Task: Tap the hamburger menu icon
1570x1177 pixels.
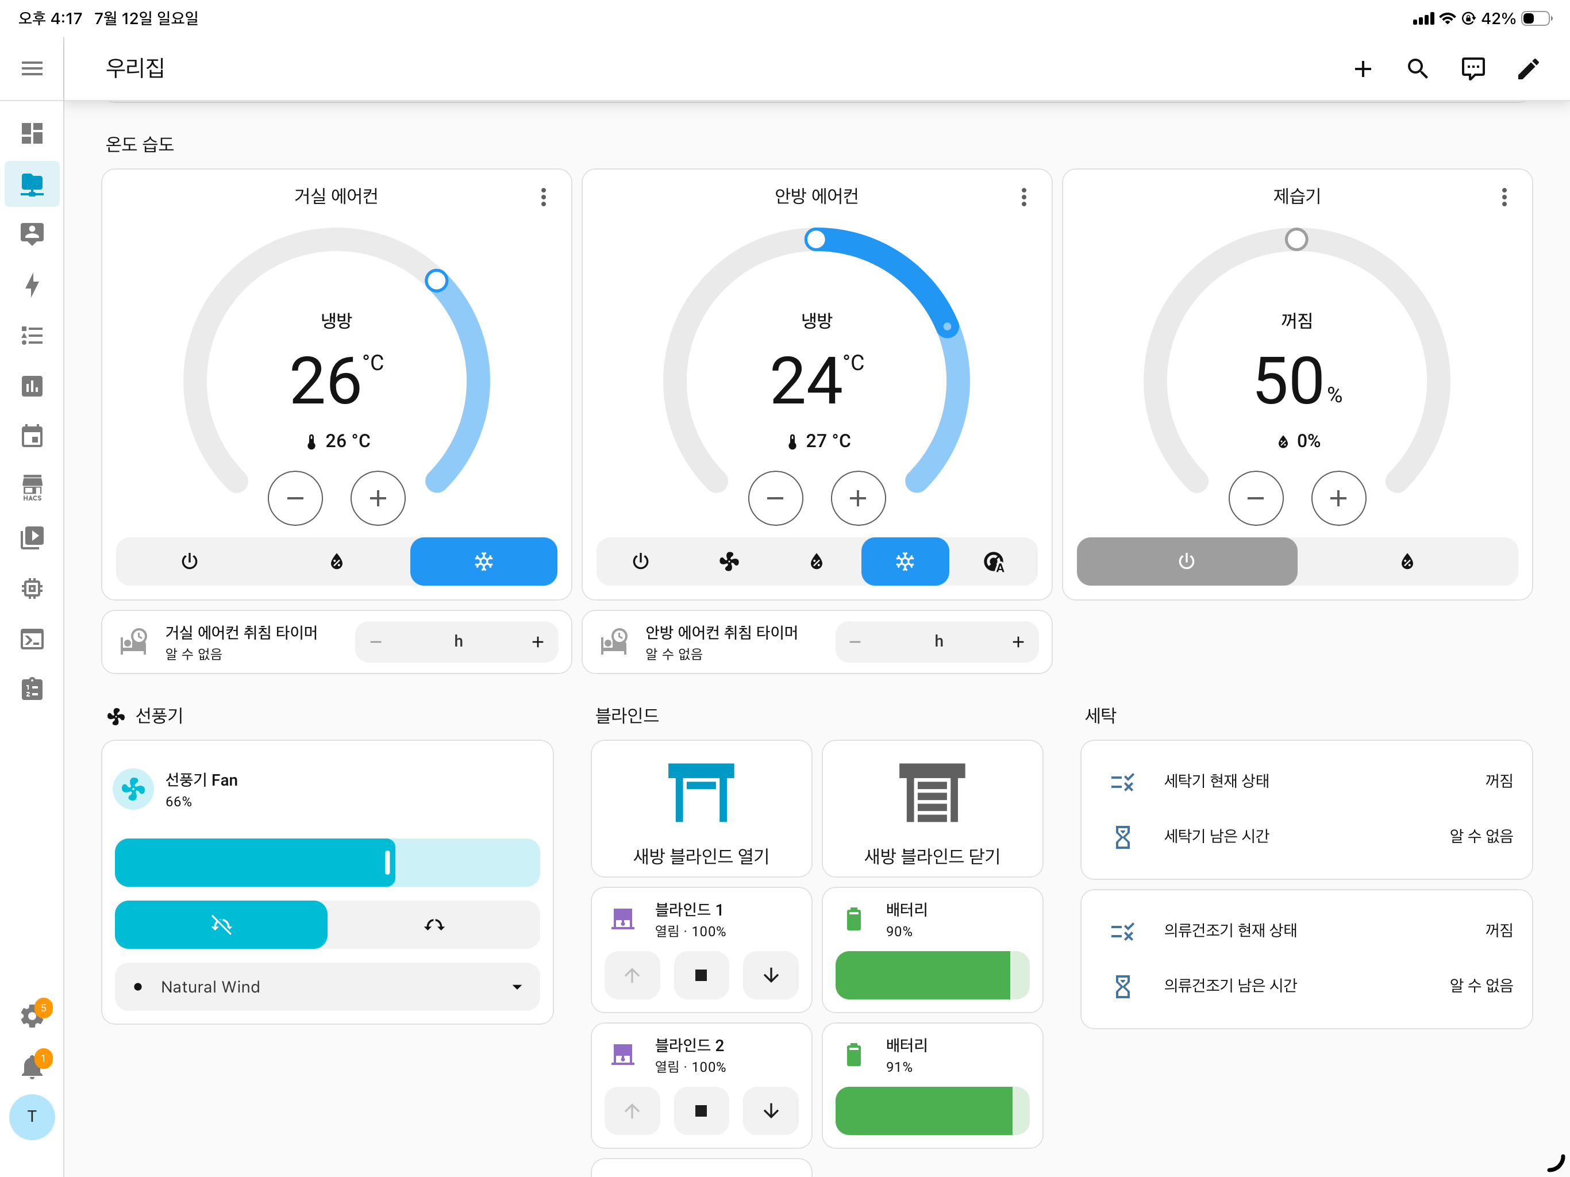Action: coord(32,68)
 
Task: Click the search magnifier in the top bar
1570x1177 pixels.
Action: coord(1417,68)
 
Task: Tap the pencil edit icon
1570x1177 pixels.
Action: coord(1528,68)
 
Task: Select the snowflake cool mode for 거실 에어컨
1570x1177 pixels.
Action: coord(483,561)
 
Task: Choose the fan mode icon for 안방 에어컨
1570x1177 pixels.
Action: coord(729,561)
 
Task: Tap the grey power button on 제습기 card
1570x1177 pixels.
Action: coord(1187,561)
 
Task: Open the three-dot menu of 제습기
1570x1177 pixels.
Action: coord(1504,197)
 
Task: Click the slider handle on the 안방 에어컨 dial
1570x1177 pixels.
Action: coord(815,239)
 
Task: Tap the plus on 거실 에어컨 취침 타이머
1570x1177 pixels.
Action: coord(538,642)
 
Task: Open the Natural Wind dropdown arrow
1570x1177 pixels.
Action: coord(517,987)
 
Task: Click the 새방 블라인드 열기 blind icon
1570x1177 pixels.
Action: coord(701,793)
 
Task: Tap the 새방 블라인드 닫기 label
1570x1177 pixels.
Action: coord(932,856)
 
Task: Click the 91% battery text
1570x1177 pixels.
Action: coord(899,1067)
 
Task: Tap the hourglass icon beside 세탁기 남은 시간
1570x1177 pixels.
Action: coord(1122,836)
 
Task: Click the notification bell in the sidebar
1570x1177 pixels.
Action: coord(32,1066)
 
